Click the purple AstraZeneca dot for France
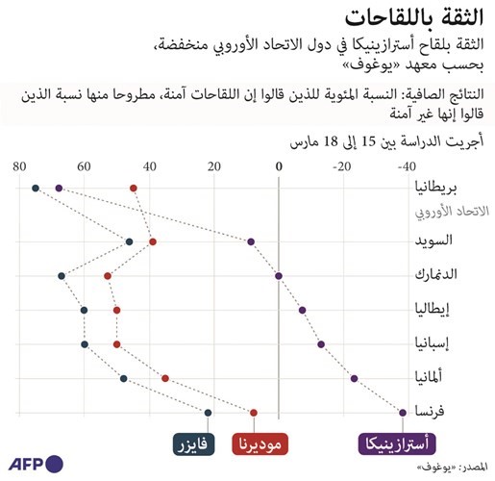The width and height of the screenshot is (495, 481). (403, 413)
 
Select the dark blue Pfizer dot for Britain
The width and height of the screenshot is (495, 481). (36, 189)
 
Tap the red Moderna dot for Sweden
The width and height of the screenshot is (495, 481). (153, 241)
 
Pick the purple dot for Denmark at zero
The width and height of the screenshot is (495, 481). (279, 276)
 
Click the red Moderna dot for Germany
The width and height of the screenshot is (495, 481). (165, 379)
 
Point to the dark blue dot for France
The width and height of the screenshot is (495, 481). (208, 413)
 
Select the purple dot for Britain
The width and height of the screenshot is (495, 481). (59, 189)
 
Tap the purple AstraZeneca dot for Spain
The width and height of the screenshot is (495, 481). (321, 344)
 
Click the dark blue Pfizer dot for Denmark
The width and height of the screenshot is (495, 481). (62, 276)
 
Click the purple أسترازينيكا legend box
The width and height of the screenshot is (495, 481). (397, 444)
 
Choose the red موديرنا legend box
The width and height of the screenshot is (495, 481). (260, 444)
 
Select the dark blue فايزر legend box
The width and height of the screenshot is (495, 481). (193, 444)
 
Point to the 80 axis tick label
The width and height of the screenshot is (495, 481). (19, 166)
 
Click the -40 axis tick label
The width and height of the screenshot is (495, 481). (407, 166)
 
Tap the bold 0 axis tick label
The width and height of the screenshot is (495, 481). (279, 166)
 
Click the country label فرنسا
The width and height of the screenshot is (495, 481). (430, 411)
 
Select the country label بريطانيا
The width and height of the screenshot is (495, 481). (435, 188)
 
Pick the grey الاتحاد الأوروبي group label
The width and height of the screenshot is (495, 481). (452, 212)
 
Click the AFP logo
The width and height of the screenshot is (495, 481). (36, 464)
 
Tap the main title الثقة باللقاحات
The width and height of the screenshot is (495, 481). (414, 17)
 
